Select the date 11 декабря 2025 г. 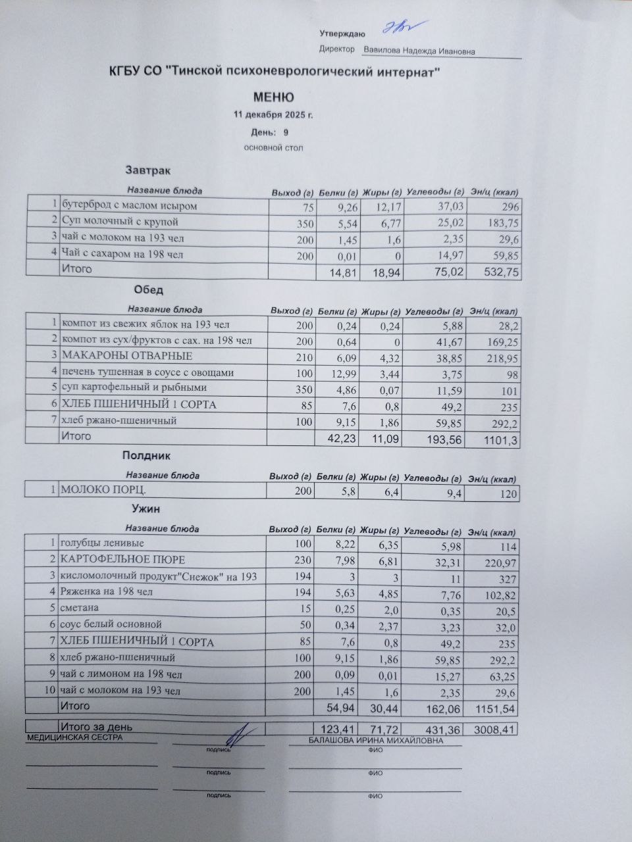[x=273, y=115]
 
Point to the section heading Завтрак [x=148, y=171]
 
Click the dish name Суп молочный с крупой [x=120, y=222]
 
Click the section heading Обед [x=148, y=290]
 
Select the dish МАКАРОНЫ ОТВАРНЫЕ [x=127, y=356]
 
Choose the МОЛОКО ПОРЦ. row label [x=103, y=490]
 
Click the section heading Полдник [x=147, y=455]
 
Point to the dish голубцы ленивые [x=102, y=543]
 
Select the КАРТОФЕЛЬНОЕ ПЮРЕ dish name [x=123, y=560]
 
